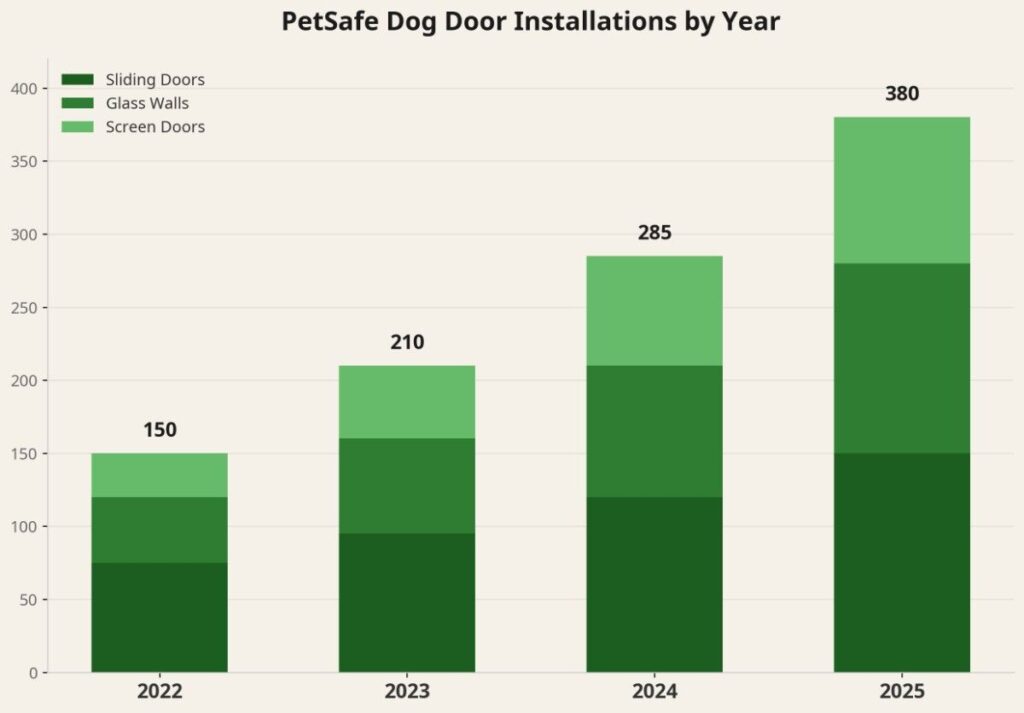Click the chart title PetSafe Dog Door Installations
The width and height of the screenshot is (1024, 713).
[531, 22]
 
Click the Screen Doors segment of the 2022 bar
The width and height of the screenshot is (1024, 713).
[159, 475]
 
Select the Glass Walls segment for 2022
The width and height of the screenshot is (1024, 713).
[159, 530]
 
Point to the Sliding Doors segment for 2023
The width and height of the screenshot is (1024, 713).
[407, 602]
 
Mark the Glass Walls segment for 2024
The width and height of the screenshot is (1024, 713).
[654, 431]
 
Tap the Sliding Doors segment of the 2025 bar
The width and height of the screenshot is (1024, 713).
[902, 562]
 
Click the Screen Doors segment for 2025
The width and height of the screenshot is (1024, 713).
[902, 190]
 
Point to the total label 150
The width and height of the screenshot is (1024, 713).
[159, 430]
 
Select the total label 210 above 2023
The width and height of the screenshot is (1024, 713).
[407, 342]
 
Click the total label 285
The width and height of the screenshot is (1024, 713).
[654, 233]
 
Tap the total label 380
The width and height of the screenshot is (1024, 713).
[902, 94]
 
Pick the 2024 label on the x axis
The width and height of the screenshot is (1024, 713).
[654, 692]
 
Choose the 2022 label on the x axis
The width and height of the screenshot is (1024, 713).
[159, 692]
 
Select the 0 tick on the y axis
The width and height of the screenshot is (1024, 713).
[32, 673]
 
